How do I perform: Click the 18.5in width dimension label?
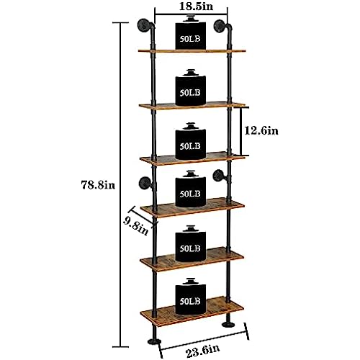[196, 6]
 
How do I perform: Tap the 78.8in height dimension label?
[98, 185]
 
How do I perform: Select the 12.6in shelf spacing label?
[261, 131]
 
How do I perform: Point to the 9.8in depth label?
[135, 226]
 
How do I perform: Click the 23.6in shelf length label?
[203, 351]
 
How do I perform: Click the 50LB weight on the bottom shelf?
[191, 297]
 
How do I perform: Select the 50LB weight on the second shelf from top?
[191, 88]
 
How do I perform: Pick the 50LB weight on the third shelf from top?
[191, 141]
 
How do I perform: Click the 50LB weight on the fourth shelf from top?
[191, 189]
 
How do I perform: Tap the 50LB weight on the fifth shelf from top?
[191, 243]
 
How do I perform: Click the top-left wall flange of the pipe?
[143, 25]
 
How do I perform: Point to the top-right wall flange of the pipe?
[219, 26]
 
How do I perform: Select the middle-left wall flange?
[144, 184]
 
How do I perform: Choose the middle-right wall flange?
[218, 176]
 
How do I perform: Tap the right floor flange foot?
[228, 325]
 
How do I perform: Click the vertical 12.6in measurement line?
[241, 131]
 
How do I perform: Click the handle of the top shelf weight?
[191, 18]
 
